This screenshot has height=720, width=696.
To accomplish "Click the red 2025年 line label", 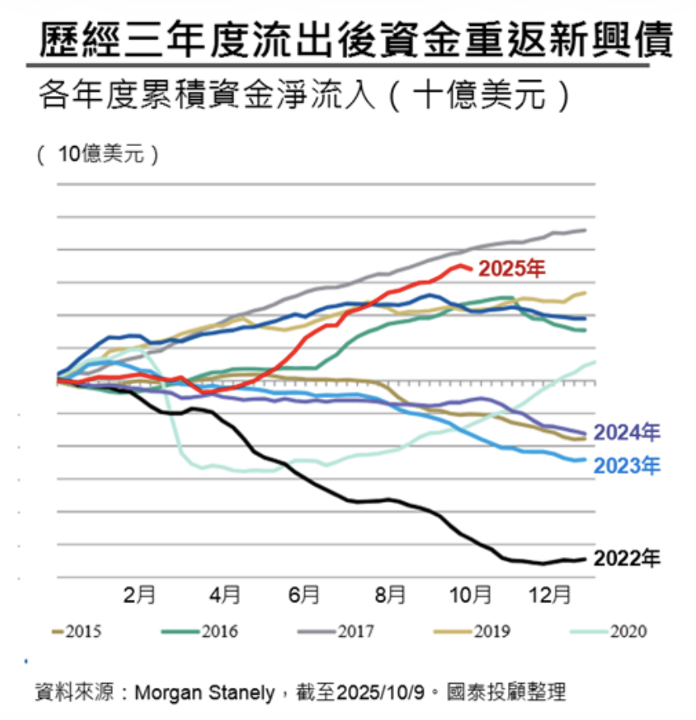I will click(x=512, y=269).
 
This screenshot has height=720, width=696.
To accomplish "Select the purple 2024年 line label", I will click(x=627, y=433).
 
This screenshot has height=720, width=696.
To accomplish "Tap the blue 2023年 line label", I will click(x=627, y=466).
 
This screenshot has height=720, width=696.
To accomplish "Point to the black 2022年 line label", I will click(x=627, y=558).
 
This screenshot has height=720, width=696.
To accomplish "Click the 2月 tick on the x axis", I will click(x=139, y=596).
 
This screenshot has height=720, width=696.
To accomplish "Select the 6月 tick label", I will click(x=304, y=596).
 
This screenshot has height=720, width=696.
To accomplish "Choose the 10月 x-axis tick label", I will click(x=471, y=596).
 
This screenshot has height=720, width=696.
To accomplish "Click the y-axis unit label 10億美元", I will click(x=98, y=154).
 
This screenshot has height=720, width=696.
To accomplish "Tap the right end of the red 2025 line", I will click(x=471, y=270).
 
